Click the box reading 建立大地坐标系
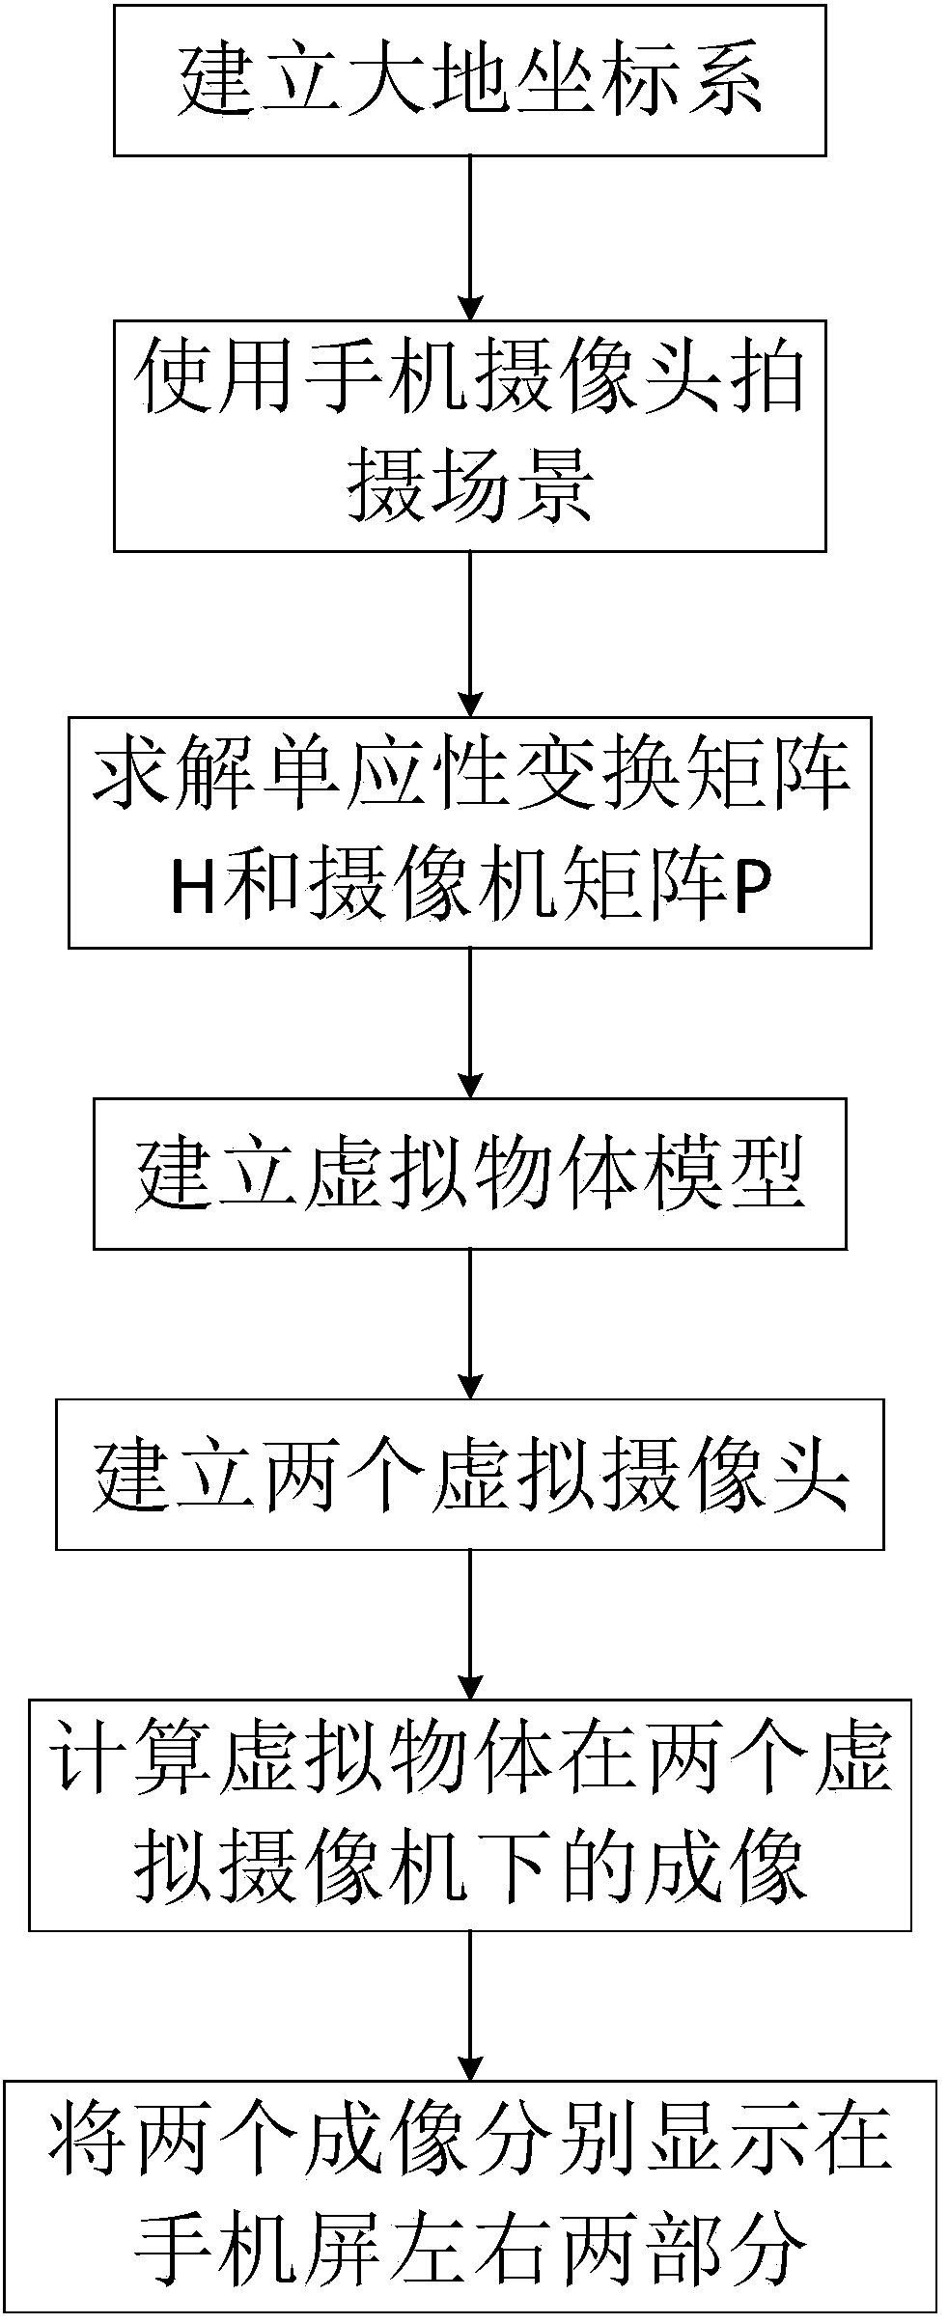tap(470, 79)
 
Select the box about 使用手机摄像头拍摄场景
tap(470, 435)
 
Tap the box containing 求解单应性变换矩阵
tap(470, 831)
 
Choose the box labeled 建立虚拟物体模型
tap(470, 1173)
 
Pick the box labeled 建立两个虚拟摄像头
tap(470, 1475)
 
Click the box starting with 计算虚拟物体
tap(470, 1814)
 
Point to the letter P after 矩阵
tap(753, 892)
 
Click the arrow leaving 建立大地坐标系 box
tap(470, 237)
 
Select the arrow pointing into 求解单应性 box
tap(470, 633)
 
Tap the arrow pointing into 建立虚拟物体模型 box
tap(470, 1022)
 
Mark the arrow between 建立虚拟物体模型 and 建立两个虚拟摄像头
tap(470, 1323)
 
